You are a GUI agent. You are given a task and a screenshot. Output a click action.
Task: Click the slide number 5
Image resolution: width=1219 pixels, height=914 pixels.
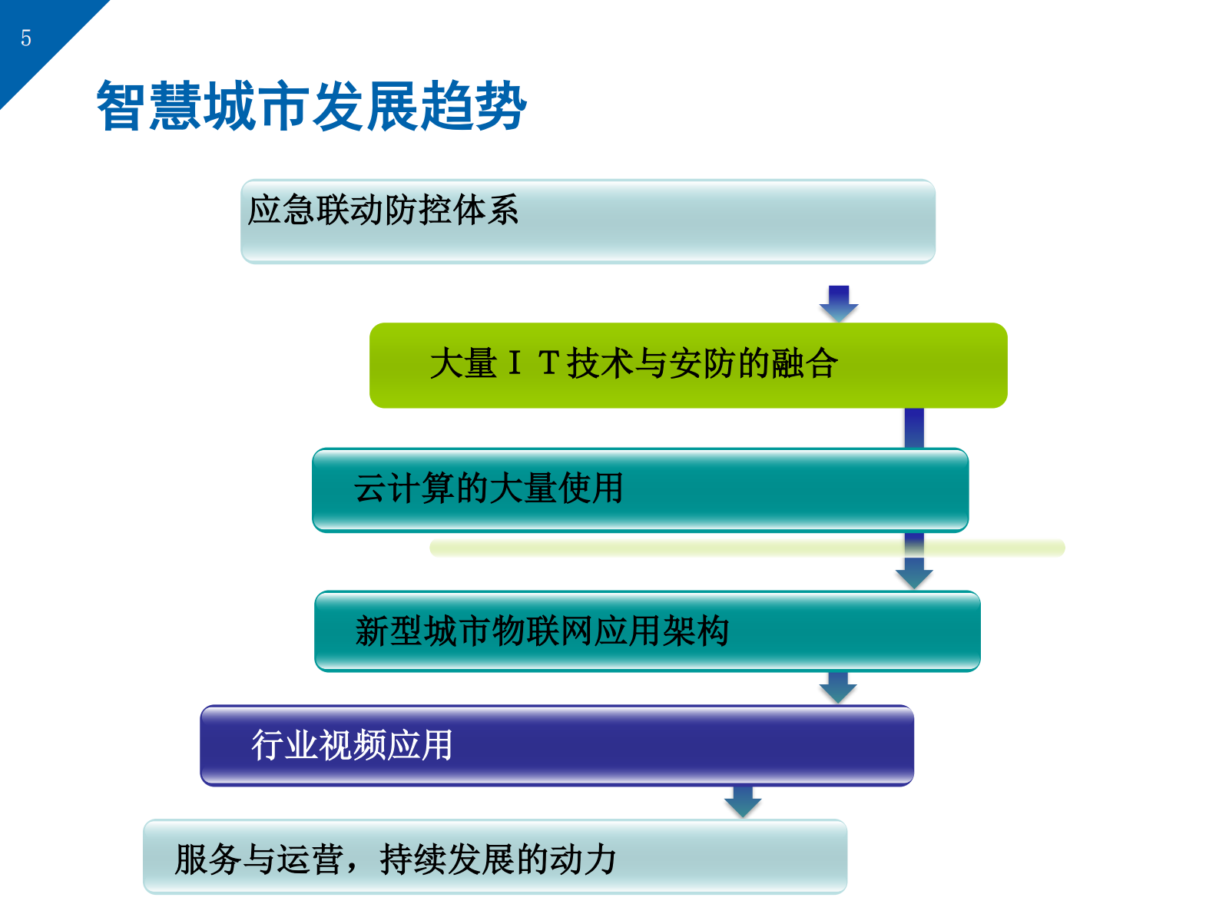pyautogui.click(x=26, y=38)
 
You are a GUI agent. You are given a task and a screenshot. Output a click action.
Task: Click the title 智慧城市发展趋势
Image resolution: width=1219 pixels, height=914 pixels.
pyautogui.click(x=311, y=106)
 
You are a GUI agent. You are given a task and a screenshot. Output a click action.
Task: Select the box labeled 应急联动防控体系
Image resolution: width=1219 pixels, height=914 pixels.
pyautogui.click(x=588, y=221)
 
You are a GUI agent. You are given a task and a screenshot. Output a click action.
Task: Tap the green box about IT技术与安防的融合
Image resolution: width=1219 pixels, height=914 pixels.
pyautogui.click(x=688, y=365)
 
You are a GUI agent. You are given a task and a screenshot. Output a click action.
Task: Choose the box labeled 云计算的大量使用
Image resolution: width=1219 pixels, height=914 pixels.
pyautogui.click(x=640, y=490)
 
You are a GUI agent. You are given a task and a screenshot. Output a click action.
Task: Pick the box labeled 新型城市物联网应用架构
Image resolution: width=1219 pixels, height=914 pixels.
pyautogui.click(x=647, y=631)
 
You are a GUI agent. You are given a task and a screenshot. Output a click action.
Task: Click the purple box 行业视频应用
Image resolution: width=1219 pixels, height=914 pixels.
pyautogui.click(x=557, y=745)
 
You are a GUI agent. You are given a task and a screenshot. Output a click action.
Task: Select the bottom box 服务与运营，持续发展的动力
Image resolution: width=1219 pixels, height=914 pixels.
pyautogui.click(x=495, y=856)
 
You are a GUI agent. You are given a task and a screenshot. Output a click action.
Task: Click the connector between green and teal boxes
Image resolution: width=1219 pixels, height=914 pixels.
pyautogui.click(x=914, y=428)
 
